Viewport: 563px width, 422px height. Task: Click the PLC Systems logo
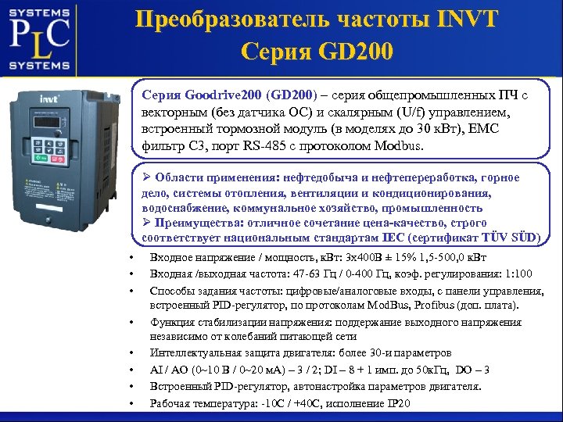[40, 38]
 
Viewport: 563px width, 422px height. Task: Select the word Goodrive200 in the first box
[224, 94]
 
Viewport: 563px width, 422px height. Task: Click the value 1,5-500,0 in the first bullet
[439, 259]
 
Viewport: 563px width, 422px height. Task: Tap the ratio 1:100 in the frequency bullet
[515, 274]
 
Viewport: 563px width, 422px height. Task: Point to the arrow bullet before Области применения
[146, 179]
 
